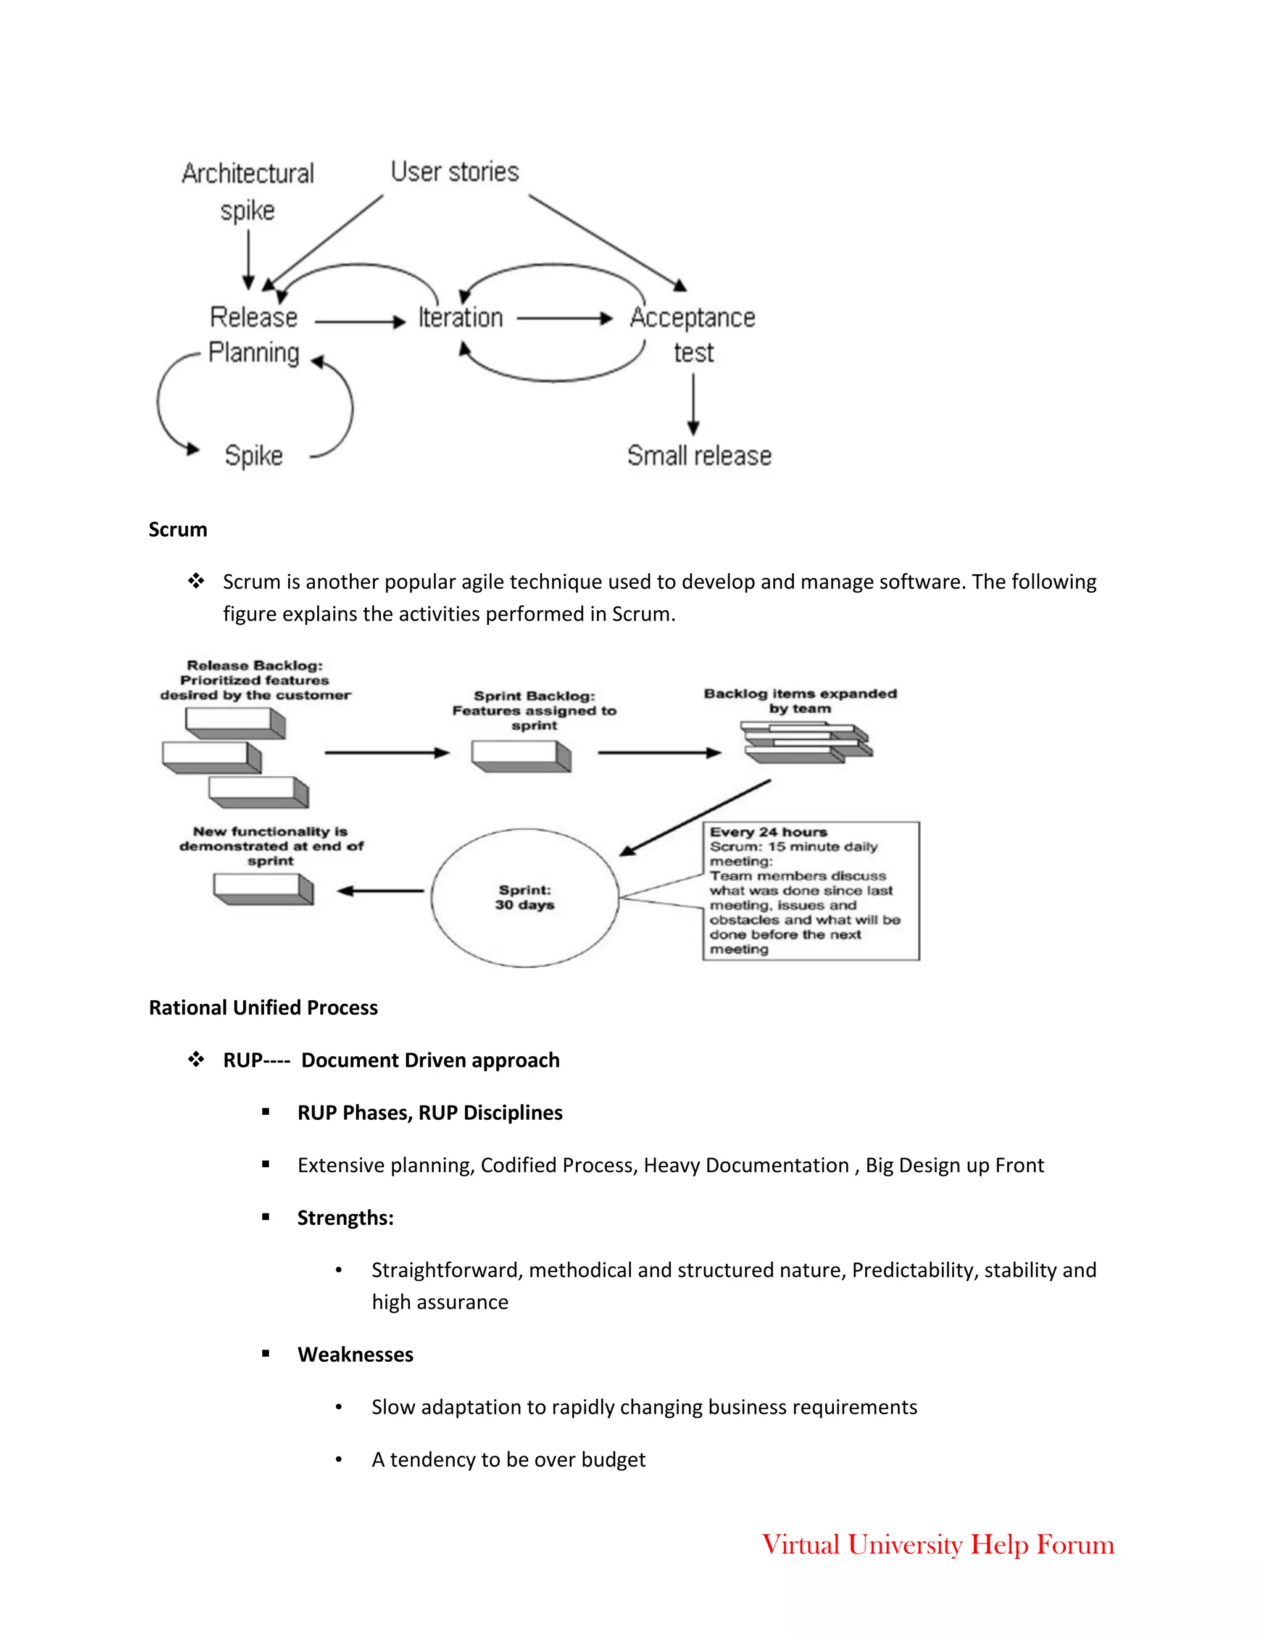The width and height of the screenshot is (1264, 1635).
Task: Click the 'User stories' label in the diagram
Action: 454,172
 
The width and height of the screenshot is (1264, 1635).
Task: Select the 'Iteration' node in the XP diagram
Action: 460,317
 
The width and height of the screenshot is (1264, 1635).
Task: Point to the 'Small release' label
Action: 699,455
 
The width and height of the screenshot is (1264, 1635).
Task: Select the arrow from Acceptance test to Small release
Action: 693,404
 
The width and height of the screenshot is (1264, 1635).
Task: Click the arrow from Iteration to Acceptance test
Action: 565,318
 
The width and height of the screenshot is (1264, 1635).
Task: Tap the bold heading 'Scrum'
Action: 178,529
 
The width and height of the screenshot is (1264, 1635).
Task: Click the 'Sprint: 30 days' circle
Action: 524,897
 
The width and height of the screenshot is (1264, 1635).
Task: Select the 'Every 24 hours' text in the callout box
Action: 768,832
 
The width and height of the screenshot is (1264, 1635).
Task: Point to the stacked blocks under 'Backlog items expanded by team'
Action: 807,743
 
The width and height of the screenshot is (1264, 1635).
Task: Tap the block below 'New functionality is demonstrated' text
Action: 264,889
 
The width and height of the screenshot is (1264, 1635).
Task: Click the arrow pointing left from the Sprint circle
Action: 380,891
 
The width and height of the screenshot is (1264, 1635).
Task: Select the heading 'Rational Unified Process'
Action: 263,1008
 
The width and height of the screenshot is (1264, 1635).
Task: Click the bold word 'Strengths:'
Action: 345,1218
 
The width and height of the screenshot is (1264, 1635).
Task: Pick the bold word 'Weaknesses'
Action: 355,1354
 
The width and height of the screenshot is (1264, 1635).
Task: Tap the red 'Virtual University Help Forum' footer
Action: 938,1544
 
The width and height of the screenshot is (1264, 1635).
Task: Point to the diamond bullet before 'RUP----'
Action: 196,1059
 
